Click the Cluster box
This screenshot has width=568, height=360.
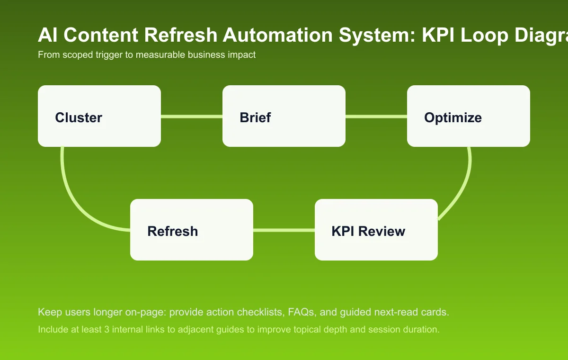pos(99,116)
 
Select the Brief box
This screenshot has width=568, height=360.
pos(284,116)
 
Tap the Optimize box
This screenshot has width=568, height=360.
pos(469,116)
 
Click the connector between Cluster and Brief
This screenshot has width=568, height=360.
pos(192,117)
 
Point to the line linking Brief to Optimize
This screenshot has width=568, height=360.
pos(376,117)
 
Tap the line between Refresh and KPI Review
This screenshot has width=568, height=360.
pos(284,230)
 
